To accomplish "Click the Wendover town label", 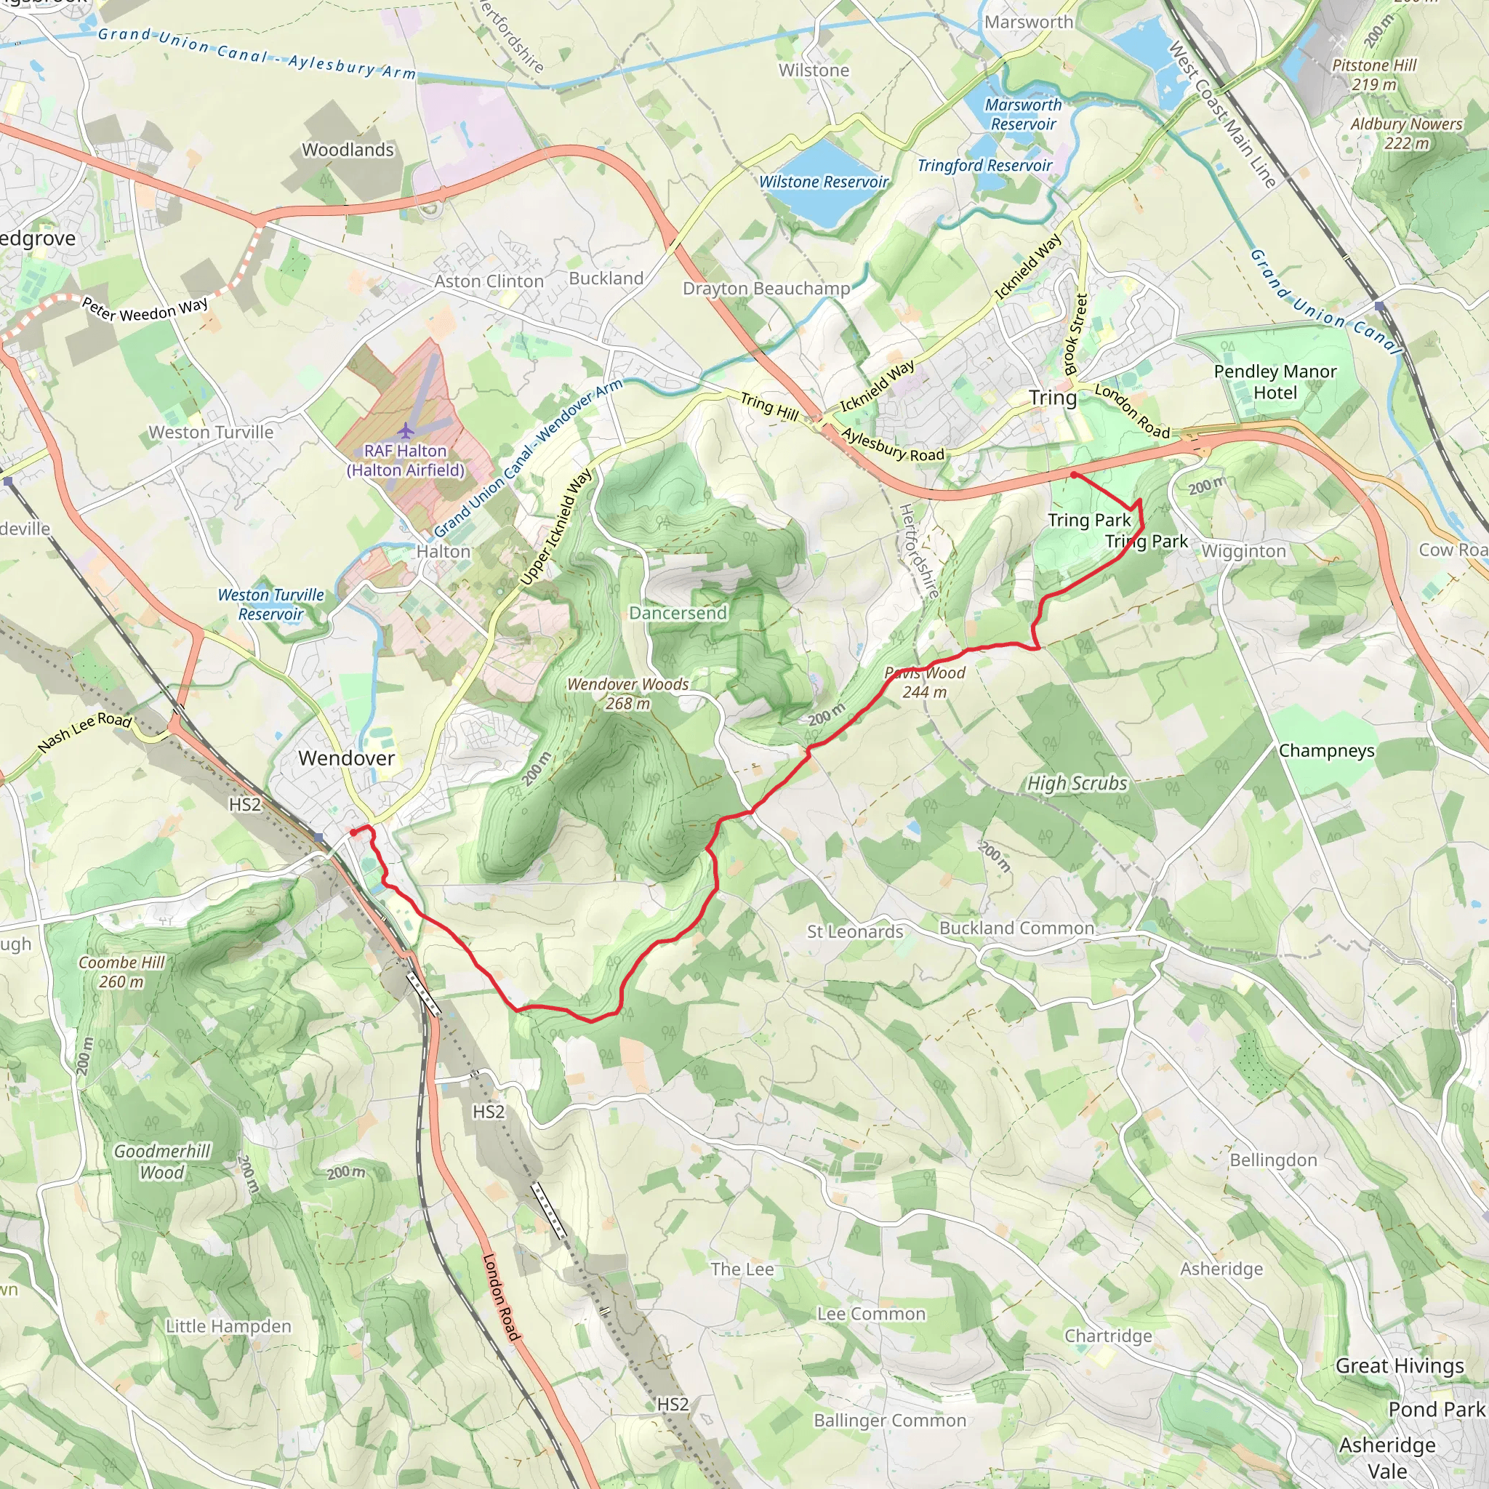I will (x=346, y=758).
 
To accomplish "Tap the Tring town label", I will (x=1052, y=398).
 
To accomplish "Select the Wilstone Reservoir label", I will (x=823, y=182).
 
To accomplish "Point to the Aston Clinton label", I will (x=489, y=281).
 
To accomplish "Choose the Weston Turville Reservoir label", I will (x=270, y=604).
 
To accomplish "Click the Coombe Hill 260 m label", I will (x=121, y=972).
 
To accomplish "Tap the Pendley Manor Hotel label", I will (x=1275, y=382).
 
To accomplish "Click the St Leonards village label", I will (x=855, y=931).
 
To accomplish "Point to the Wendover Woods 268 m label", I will (x=627, y=694).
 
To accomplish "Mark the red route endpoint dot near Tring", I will (x=1074, y=475).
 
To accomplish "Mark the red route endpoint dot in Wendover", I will (x=353, y=832).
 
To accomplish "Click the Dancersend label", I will (x=678, y=613).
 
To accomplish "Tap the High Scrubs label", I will (x=1077, y=783).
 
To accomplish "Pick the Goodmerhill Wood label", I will (x=162, y=1161).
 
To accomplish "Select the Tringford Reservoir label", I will (x=984, y=165).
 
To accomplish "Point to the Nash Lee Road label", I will (x=85, y=731).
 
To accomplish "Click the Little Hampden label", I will (x=228, y=1325).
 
